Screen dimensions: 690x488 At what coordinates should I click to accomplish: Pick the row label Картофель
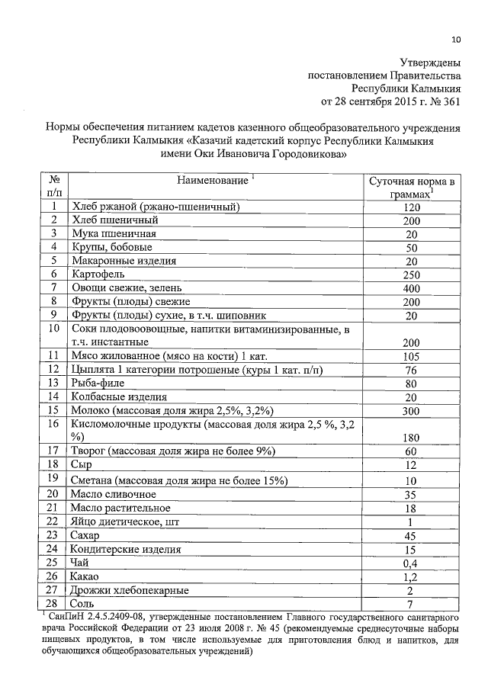coord(98,273)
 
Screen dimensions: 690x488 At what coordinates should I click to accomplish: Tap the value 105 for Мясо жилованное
coord(412,355)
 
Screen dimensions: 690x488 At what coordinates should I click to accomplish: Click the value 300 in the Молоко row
coord(412,410)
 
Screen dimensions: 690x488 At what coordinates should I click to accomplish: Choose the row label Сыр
coord(81,465)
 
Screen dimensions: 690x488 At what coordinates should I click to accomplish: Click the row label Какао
coord(85,575)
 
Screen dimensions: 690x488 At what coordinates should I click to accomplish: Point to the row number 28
coord(53,602)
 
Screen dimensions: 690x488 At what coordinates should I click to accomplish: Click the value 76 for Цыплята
coord(412,369)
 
